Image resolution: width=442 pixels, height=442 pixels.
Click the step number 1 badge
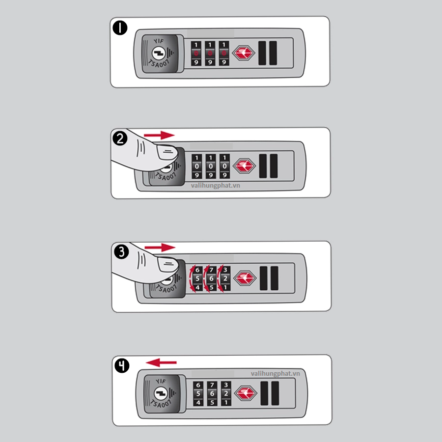120,28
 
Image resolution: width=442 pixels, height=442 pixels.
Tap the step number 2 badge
120,138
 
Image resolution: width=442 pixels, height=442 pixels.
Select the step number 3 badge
121,252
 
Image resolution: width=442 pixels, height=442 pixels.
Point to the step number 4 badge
122,365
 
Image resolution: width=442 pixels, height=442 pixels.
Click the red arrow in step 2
159,136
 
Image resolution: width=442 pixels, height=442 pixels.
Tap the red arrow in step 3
160,248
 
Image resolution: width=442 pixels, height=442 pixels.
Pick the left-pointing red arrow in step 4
161,362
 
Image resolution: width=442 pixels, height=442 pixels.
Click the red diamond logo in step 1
244,53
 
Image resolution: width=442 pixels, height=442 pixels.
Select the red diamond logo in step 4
246,393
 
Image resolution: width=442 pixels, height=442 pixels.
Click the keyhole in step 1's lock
159,53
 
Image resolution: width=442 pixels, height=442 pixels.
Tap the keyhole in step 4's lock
161,393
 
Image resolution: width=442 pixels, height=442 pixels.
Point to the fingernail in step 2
167,152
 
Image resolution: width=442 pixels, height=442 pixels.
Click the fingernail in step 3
168,265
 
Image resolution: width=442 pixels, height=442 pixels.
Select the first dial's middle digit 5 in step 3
197,278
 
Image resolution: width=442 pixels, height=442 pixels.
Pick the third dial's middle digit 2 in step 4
226,393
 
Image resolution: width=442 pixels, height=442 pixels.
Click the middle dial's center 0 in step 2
211,166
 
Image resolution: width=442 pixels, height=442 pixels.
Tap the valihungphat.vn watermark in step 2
216,186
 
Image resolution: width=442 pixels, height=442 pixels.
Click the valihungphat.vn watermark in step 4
276,374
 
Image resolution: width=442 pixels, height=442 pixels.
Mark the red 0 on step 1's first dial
196,53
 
